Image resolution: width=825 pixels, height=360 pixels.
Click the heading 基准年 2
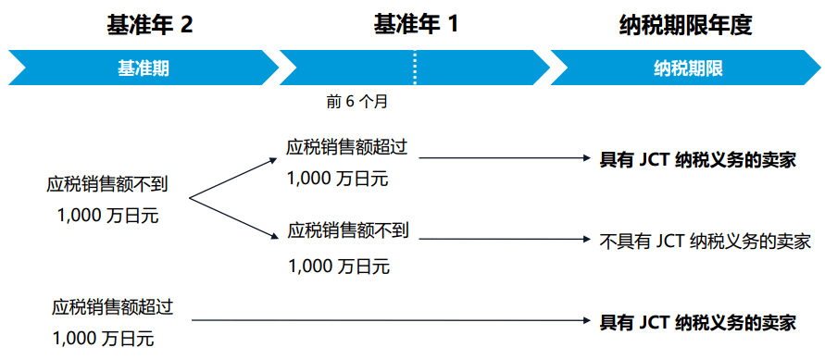tap(150, 24)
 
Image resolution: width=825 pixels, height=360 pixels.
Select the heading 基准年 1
tap(415, 24)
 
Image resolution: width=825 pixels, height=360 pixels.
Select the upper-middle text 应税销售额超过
tap(347, 147)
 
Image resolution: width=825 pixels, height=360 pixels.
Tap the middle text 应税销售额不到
tap(347, 229)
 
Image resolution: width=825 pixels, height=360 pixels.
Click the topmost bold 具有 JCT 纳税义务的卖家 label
tap(698, 159)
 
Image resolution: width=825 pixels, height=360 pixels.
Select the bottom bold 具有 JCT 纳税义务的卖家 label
tap(698, 322)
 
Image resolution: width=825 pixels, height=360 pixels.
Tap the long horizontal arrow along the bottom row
tap(389, 321)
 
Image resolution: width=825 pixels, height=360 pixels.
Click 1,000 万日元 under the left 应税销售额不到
tap(107, 217)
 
